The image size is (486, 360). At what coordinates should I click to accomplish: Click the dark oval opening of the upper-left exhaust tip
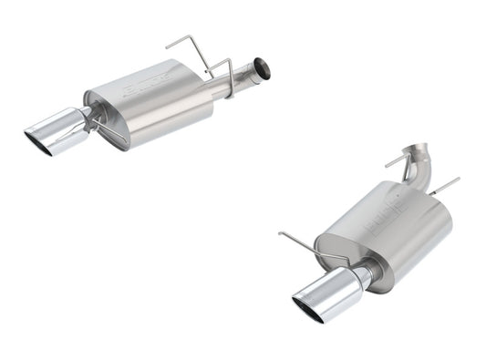tap(38, 138)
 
